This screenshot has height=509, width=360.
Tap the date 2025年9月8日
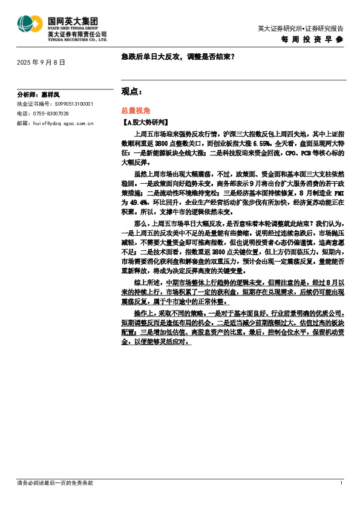[x=41, y=62]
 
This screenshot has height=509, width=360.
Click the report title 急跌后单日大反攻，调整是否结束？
[x=178, y=57]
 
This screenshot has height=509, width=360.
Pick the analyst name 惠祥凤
[x=50, y=95]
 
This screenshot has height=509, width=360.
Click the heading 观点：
[x=132, y=91]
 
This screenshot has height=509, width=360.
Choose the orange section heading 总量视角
[x=134, y=112]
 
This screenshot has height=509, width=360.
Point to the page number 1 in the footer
[x=341, y=483]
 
